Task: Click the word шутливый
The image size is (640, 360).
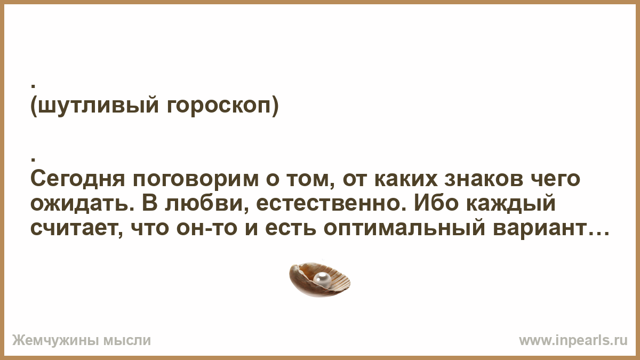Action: pyautogui.click(x=98, y=106)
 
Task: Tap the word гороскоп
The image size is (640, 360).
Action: pyautogui.click(x=219, y=106)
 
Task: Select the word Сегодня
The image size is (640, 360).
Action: pyautogui.click(x=78, y=179)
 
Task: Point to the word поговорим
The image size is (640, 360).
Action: pyautogui.click(x=196, y=179)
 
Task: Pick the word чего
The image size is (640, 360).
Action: pyautogui.click(x=555, y=179)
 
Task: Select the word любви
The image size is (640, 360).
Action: pyautogui.click(x=210, y=203)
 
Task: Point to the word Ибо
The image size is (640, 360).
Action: pyautogui.click(x=436, y=203)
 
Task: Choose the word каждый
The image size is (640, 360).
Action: pyautogui.click(x=511, y=203)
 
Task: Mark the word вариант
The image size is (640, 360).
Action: pyautogui.click(x=538, y=229)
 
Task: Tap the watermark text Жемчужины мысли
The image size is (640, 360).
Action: pyautogui.click(x=82, y=341)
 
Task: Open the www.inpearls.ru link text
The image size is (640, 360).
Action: pyautogui.click(x=573, y=341)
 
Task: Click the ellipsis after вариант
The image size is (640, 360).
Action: pyautogui.click(x=597, y=234)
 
